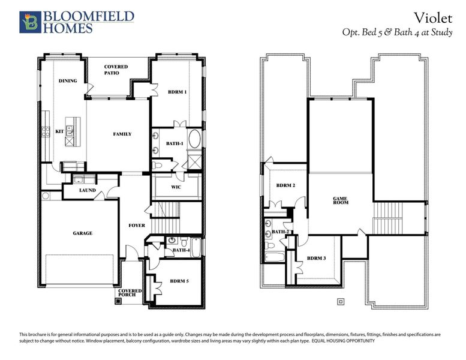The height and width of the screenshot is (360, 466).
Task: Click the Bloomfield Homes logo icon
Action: tap(29, 22)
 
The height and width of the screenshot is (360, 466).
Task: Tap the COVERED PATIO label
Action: tap(116, 70)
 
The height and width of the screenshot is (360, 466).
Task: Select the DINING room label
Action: tap(67, 80)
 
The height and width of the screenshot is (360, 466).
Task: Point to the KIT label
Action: tap(59, 131)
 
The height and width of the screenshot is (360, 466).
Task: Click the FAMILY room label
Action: tap(122, 134)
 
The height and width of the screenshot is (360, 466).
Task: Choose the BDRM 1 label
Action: tap(177, 92)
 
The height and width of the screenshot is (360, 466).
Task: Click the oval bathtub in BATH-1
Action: tap(196, 142)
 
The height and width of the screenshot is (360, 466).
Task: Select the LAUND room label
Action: tap(88, 190)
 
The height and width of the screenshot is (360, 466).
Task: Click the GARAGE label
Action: tap(83, 233)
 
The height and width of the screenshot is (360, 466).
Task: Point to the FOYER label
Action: tap(137, 226)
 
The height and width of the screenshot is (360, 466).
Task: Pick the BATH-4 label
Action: tap(181, 250)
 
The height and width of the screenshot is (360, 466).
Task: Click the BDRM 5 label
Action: tap(179, 280)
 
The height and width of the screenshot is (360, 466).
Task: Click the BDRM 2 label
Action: tap(285, 185)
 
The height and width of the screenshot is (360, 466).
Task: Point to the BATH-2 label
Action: tap(281, 231)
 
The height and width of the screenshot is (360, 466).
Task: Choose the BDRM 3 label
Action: tap(316, 258)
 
